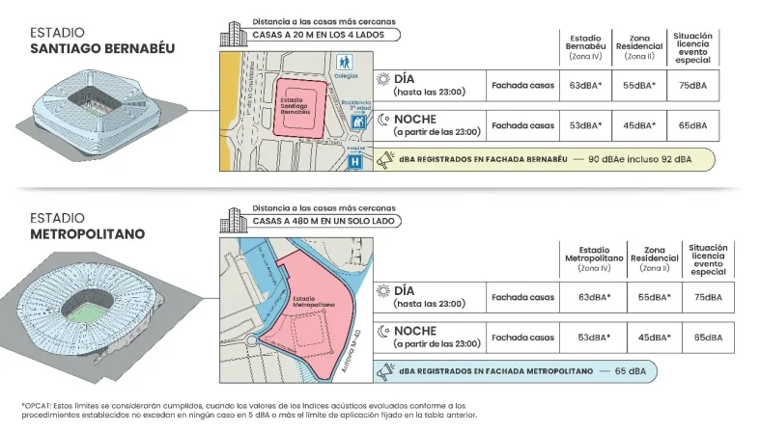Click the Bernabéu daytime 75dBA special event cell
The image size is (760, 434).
click(x=692, y=85)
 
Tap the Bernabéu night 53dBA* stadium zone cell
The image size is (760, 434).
click(x=585, y=124)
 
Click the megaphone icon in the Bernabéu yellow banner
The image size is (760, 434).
click(x=385, y=160)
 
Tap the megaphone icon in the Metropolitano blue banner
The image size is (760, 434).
click(x=385, y=369)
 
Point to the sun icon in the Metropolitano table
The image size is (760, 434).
click(x=382, y=290)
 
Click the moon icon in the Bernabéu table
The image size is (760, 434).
click(x=382, y=120)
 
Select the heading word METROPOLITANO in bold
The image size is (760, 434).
click(x=86, y=233)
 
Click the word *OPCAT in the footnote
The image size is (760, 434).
click(x=36, y=405)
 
